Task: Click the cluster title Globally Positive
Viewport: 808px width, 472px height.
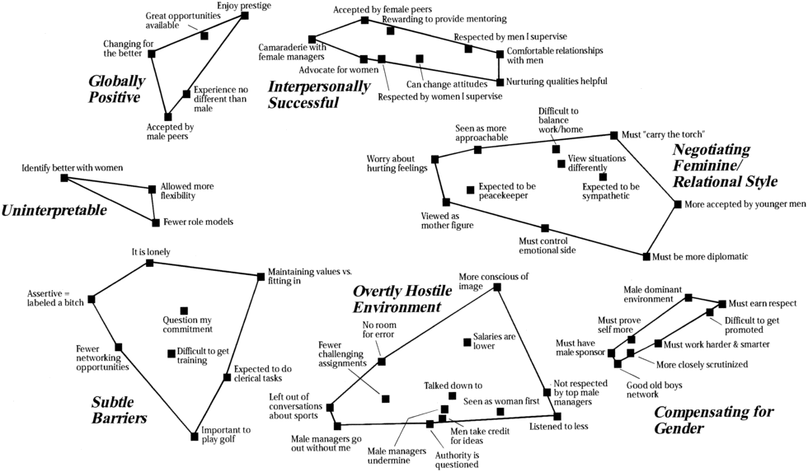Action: pos(116,89)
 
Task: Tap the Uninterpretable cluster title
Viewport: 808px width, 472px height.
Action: pos(54,211)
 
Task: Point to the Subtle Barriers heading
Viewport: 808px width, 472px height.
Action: pos(120,409)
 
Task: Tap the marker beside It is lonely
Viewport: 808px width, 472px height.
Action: pos(150,263)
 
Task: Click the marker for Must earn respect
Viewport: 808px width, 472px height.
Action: pos(722,304)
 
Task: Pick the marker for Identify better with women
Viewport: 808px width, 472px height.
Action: pos(64,178)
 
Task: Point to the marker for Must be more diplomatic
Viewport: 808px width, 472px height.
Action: pos(646,256)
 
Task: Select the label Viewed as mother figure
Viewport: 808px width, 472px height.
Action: pos(446,221)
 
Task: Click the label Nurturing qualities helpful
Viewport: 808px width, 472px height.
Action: pos(557,82)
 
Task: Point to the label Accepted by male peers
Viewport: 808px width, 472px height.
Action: pos(170,132)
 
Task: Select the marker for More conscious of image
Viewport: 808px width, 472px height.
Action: pos(497,287)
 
